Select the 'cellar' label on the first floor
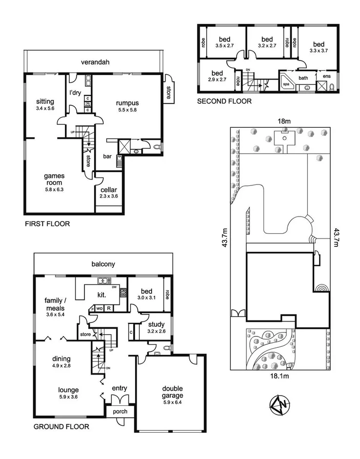108,190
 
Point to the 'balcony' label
103,264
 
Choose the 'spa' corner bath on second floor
286,84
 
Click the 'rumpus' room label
128,103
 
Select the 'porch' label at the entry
120,412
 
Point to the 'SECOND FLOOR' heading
224,101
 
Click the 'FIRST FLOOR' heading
47,224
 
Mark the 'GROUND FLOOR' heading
61,426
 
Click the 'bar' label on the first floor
109,157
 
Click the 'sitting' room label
45,101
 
